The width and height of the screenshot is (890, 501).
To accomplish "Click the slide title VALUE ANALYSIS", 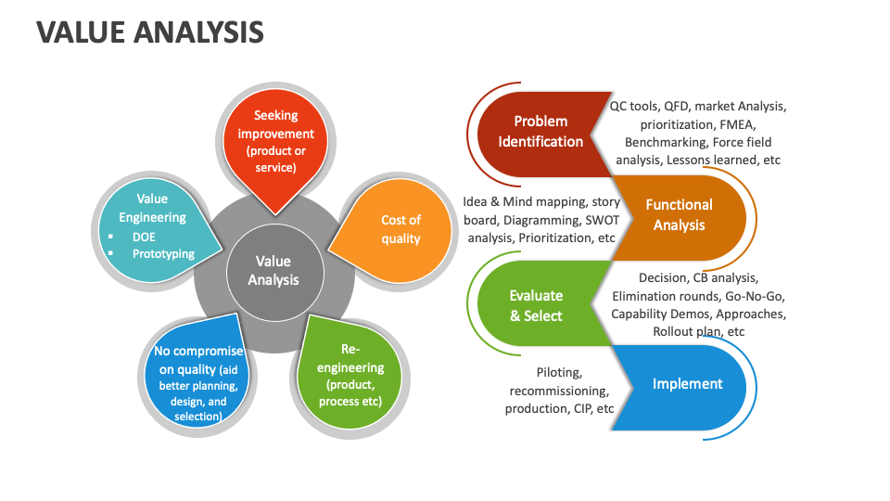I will click(150, 32).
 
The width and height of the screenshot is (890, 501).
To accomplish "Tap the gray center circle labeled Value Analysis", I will click(273, 270).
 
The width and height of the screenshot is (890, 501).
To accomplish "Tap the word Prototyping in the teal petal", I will click(163, 253).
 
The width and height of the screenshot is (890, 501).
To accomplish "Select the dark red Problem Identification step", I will click(540, 132).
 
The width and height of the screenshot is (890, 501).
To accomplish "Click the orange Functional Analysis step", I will click(679, 214).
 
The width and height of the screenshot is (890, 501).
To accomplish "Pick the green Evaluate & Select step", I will click(536, 305).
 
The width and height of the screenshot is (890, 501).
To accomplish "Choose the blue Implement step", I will click(687, 383).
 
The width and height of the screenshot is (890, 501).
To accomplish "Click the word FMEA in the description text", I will click(737, 124).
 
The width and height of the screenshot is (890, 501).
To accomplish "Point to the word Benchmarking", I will click(666, 142).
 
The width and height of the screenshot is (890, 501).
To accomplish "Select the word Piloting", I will click(559, 372).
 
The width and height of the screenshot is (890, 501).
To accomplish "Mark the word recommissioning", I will click(559, 391).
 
